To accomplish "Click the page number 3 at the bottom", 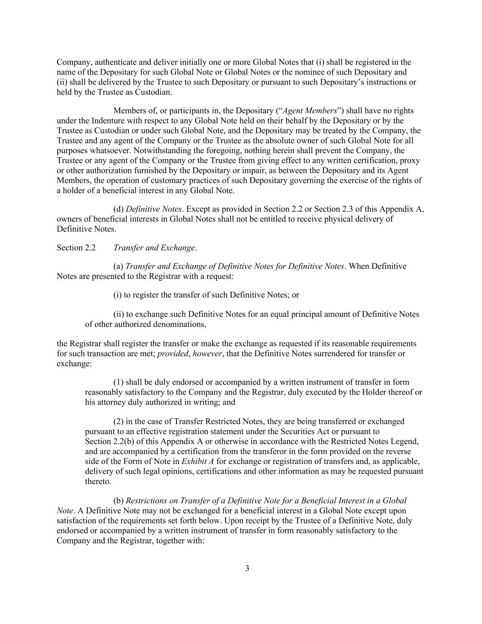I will (247, 569).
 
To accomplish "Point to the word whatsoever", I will (108, 150).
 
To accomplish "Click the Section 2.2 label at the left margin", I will (76, 248).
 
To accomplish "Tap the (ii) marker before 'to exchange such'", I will (118, 315).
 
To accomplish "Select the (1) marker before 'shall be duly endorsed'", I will (118, 382).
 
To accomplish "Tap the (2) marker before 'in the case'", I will (118, 421).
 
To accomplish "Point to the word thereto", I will (98, 481).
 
